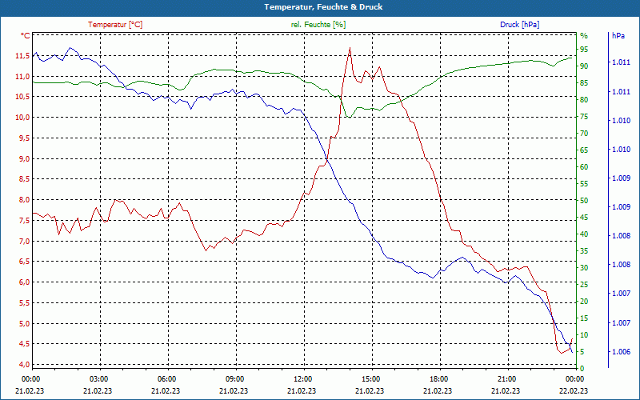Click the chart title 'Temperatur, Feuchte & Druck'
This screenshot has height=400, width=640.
[319, 6]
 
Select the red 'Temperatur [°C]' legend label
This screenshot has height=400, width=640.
[115, 25]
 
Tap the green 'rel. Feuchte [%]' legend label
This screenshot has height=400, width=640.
[318, 25]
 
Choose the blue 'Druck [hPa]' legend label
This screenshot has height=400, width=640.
[519, 25]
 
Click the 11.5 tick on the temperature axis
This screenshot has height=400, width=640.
[20, 56]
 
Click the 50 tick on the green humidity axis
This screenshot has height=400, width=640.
[584, 201]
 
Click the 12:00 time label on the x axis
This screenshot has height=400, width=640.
[303, 378]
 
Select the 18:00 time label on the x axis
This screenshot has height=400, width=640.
[438, 378]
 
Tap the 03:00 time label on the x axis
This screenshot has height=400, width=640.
[99, 378]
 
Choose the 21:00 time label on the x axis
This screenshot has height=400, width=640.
[506, 378]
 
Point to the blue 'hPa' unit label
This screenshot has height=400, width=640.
[618, 36]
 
